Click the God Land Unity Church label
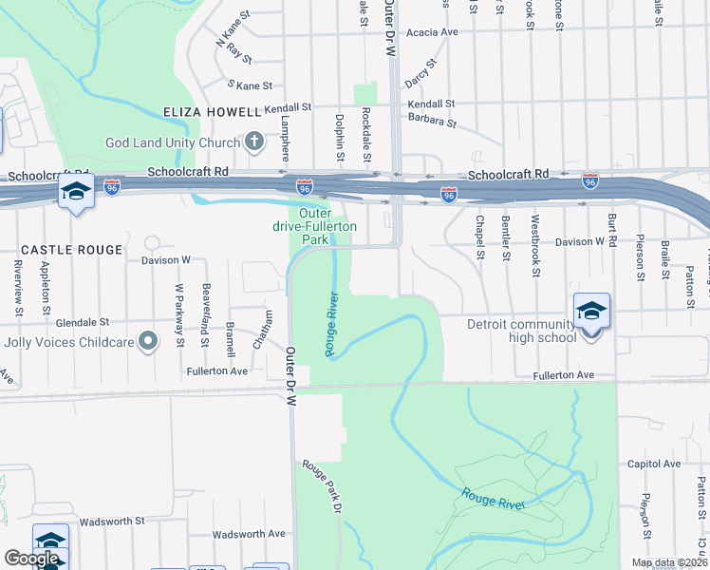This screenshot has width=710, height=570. tap(173, 142)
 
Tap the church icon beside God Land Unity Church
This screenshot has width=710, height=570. tap(253, 142)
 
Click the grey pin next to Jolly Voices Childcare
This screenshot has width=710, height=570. tap(147, 340)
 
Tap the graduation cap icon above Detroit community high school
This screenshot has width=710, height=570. tap(590, 311)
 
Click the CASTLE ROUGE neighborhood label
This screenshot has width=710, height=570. tap(71, 250)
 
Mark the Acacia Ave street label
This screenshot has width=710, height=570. tap(432, 32)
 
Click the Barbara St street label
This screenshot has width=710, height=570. tap(432, 121)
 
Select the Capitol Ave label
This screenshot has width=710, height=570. tap(654, 465)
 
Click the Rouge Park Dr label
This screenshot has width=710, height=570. tap(322, 486)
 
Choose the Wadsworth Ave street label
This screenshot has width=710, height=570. tap(249, 534)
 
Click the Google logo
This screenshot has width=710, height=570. tap(31, 559)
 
